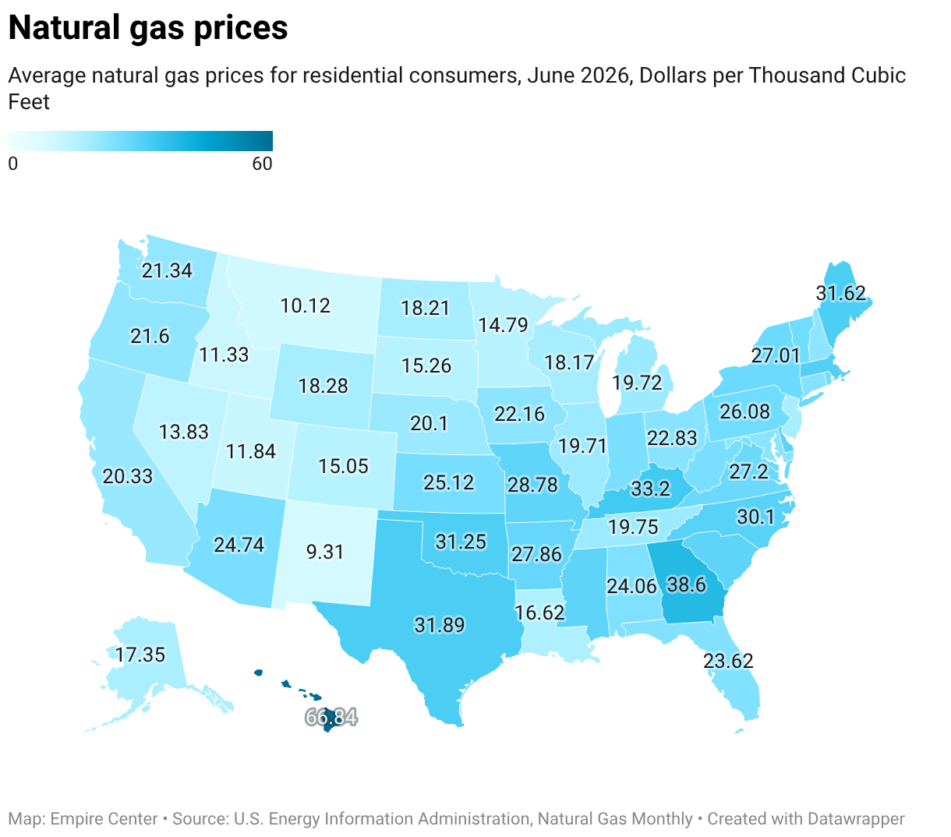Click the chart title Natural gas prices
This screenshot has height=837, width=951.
click(148, 28)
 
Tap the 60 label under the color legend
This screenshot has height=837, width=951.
click(262, 164)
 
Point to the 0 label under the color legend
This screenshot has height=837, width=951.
click(13, 164)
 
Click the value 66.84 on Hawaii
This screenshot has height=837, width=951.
click(331, 717)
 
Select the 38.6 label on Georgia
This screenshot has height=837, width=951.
click(686, 585)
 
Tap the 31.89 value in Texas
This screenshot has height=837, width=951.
click(440, 625)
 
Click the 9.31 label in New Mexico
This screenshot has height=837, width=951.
click(325, 552)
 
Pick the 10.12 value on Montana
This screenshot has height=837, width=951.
click(305, 305)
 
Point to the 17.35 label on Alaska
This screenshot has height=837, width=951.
click(140, 655)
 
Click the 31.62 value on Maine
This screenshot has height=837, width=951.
click(840, 293)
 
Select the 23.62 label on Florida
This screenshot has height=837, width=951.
click(728, 661)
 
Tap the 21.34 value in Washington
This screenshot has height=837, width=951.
click(167, 270)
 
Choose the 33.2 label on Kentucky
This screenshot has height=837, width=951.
click(651, 489)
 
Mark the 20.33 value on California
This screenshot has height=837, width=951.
click(128, 476)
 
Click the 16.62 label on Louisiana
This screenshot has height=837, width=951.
click(539, 613)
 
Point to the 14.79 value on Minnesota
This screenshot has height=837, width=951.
click(503, 325)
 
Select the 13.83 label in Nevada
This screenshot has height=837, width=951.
click(183, 432)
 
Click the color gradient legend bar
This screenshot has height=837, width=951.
click(140, 141)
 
